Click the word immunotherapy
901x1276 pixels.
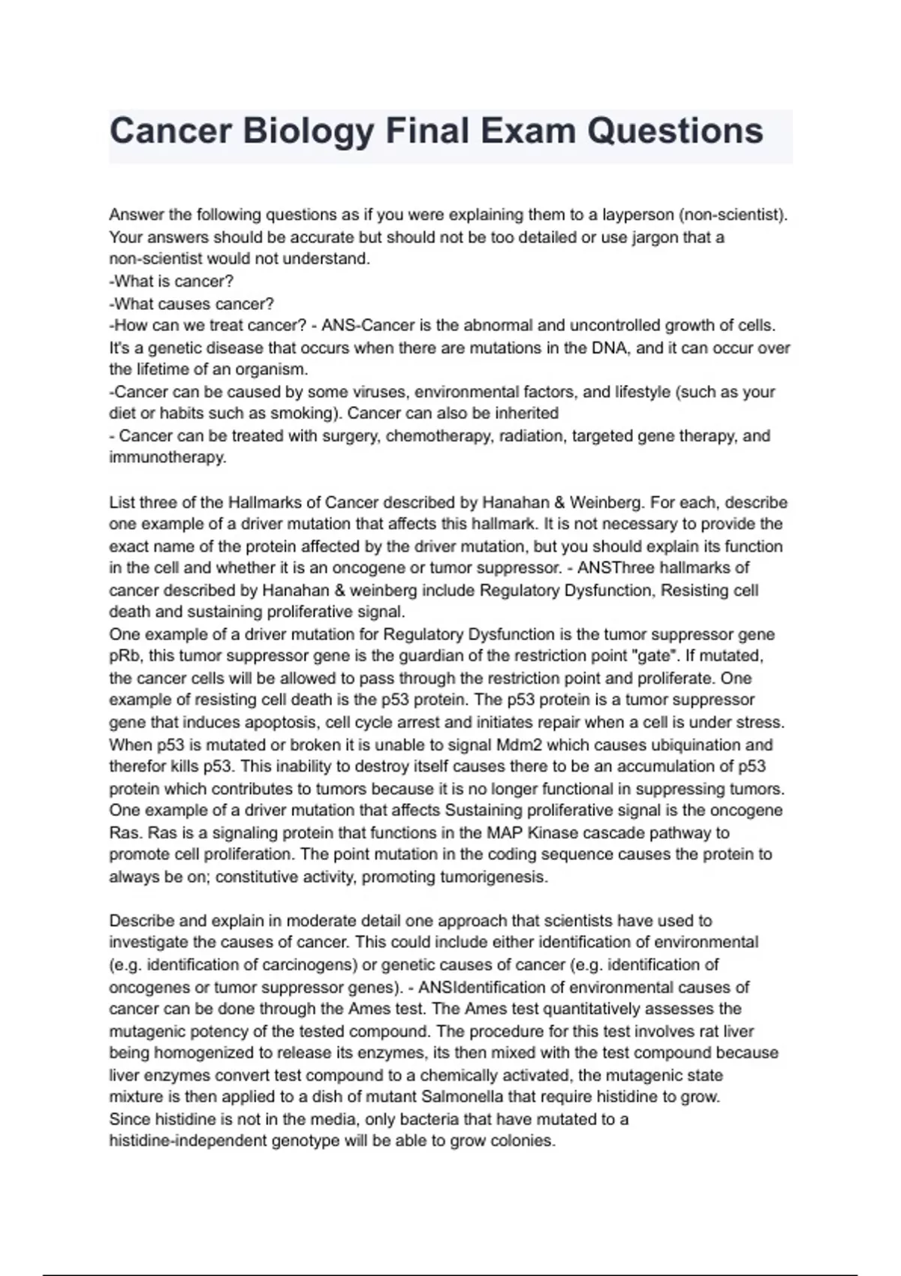tap(167, 458)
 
